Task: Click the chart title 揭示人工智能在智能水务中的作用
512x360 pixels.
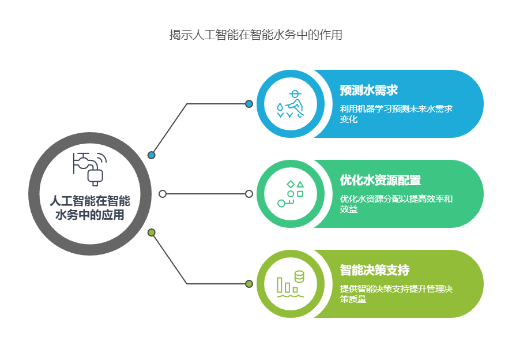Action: [255, 35]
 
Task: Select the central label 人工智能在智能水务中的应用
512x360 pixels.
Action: [90, 208]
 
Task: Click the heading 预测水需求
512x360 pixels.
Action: [368, 90]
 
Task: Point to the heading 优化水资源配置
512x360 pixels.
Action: [381, 180]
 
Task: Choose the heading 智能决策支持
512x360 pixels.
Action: [375, 270]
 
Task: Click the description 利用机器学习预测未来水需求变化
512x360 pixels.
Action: [396, 114]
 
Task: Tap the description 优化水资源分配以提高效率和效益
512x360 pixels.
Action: [396, 204]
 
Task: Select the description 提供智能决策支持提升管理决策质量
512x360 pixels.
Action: [396, 294]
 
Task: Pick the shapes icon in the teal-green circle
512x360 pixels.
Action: [290, 194]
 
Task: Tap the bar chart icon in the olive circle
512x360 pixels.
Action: [290, 284]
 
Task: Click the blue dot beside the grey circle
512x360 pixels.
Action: [151, 155]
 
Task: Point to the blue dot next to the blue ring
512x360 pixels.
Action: [249, 104]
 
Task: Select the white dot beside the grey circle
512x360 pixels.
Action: [163, 194]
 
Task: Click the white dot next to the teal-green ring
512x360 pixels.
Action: [249, 194]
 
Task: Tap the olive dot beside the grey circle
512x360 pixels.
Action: [151, 232]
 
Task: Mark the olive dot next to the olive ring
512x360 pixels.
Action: [249, 284]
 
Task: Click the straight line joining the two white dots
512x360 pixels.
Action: [206, 194]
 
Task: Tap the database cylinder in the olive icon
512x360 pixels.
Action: [299, 276]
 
